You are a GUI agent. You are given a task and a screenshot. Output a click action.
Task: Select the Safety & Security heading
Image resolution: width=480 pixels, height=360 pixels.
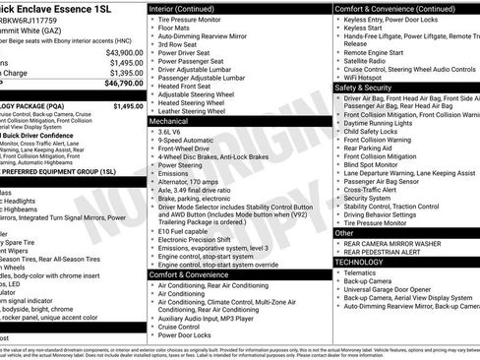coord(370,87)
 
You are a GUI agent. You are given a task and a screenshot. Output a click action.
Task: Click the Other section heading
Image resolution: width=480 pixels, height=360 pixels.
coord(345,233)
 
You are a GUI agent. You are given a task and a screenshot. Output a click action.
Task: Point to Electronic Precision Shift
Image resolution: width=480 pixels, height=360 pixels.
coord(203,238)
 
